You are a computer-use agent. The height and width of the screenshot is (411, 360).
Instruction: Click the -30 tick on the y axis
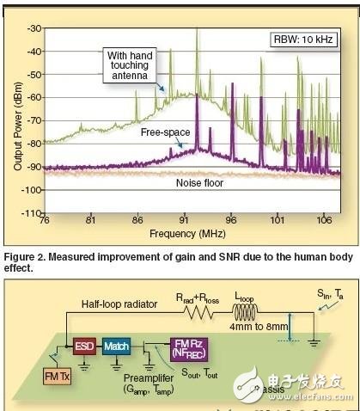point(34,29)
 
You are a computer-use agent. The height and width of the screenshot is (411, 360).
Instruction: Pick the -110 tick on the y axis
point(32,212)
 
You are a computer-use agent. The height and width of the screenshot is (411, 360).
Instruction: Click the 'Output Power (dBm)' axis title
point(16,120)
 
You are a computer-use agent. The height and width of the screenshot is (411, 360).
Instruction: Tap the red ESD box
point(84,347)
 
